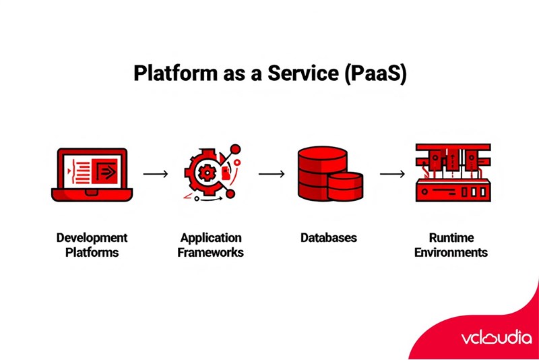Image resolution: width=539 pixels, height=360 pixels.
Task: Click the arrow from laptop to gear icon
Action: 156,174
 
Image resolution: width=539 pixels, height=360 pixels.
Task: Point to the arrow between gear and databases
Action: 272,174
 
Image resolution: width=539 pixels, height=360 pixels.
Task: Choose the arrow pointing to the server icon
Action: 392,174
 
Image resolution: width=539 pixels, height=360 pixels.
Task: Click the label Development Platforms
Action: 92,245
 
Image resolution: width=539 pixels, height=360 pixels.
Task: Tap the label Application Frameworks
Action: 211,245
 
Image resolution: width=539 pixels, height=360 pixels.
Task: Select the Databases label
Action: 328,238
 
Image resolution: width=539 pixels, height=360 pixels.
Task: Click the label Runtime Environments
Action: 451,245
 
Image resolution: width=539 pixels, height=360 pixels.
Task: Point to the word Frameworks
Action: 211,253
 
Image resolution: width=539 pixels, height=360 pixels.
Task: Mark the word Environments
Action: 451,253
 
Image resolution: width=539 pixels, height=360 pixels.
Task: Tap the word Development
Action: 92,238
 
